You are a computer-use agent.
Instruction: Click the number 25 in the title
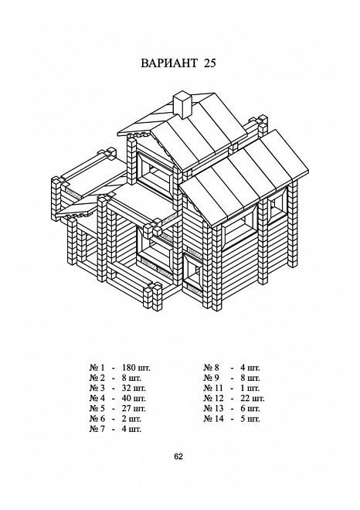click(x=210, y=63)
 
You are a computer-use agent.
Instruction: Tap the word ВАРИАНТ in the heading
click(x=169, y=63)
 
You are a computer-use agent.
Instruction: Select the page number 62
click(x=178, y=457)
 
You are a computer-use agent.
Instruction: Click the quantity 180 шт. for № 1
click(x=136, y=368)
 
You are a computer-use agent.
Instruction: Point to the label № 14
click(x=214, y=419)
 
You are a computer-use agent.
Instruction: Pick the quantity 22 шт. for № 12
click(x=253, y=399)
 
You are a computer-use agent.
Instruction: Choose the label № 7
click(x=97, y=429)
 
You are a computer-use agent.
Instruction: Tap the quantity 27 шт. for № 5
click(x=134, y=409)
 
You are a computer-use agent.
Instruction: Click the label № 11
click(x=214, y=389)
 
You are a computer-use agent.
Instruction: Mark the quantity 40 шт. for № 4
click(x=134, y=399)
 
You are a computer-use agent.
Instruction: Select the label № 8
click(x=212, y=368)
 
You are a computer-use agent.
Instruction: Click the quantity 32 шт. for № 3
click(x=134, y=389)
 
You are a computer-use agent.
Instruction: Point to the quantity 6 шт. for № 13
click(x=250, y=409)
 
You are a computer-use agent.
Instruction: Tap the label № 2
click(x=97, y=379)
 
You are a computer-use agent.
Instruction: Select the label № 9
click(x=212, y=379)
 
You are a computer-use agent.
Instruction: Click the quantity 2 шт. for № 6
click(x=131, y=419)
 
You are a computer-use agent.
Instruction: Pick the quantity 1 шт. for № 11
click(x=250, y=389)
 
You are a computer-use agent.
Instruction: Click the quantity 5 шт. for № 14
click(x=250, y=419)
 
